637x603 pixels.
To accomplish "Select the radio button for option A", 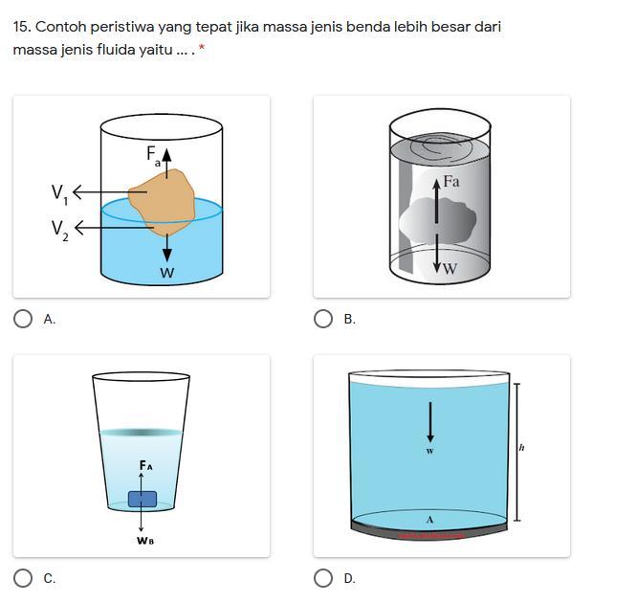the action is point(23,319).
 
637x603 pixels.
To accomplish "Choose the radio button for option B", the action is point(323,319).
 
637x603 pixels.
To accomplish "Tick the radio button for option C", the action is point(23,578).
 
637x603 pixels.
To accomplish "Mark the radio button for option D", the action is point(323,578).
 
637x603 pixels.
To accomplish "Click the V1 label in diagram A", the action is point(59,194).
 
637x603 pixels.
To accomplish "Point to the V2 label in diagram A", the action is point(59,230).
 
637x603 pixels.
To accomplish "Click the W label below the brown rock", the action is point(167,273).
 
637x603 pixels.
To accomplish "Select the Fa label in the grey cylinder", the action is point(451,181).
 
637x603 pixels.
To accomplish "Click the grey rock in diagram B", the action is point(438,220).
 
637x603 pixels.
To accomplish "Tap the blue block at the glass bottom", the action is point(143,499).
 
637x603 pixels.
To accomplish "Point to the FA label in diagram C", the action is point(145,465).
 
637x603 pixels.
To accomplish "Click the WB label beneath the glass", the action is point(145,541).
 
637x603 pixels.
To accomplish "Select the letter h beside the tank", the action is point(521,448).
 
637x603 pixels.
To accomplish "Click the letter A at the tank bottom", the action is point(429,520).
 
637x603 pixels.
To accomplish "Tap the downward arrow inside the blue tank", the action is point(430,422).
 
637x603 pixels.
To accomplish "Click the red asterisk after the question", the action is point(202,49).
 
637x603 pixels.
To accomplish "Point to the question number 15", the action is point(22,27).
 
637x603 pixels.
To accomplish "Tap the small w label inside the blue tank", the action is point(430,451).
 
